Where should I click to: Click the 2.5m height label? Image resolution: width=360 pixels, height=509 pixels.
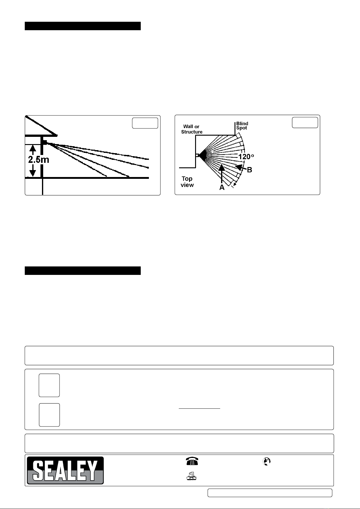39,160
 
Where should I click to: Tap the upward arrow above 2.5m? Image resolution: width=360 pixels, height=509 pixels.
33,150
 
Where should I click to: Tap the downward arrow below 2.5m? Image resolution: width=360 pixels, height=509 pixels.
33,170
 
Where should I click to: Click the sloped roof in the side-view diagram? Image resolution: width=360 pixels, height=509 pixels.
41,126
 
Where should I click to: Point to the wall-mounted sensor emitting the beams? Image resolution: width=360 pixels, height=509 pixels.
45,143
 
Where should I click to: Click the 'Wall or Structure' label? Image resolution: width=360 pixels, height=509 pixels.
192,129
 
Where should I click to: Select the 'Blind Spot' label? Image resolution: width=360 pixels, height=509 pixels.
242,126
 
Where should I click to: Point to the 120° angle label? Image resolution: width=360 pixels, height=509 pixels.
246,156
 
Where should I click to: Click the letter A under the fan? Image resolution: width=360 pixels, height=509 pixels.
222,188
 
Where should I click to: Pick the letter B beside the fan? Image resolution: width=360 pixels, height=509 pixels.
249,170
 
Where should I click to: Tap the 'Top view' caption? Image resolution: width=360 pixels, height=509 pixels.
187,182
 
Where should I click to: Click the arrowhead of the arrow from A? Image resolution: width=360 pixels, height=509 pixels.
222,168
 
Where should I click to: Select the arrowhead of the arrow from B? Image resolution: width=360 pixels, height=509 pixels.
238,167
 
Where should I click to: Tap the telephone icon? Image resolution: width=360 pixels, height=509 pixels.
192,461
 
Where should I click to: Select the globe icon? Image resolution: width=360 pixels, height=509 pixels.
266,462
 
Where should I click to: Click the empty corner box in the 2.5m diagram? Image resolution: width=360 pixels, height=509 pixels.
145,123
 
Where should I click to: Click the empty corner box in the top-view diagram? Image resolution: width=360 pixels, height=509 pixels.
305,123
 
